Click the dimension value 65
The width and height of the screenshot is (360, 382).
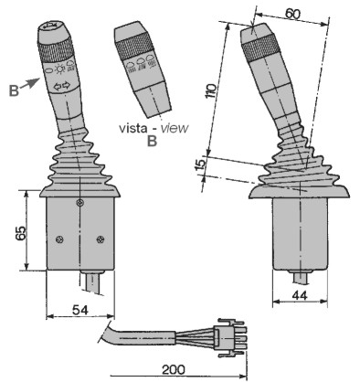tap(21, 230)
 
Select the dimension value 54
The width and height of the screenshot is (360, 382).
tap(80, 310)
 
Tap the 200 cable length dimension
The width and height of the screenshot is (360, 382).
tap(173, 369)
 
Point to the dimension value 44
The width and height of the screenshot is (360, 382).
tap(300, 295)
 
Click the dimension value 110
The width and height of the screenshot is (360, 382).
tap(211, 90)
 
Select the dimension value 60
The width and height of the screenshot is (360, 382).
tap(292, 14)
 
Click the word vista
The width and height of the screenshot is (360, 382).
tap(132, 128)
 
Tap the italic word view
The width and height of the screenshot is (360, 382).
tap(175, 128)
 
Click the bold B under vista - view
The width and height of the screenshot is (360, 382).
tap(152, 141)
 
